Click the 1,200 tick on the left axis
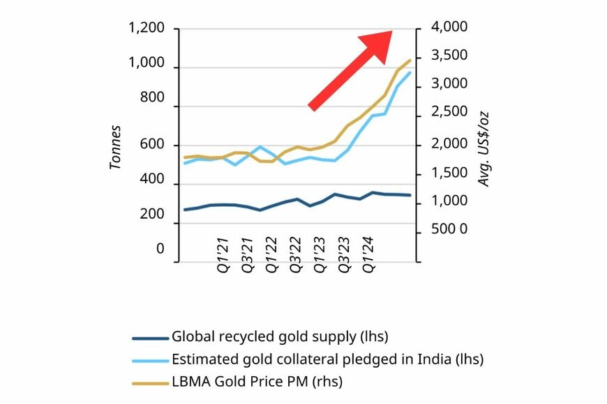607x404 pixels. [146, 29]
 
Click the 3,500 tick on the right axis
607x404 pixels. [444, 56]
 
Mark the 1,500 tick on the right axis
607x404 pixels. [444, 173]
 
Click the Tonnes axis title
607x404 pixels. [116, 147]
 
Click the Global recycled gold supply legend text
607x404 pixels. [279, 337]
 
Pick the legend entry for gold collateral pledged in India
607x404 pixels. [327, 359]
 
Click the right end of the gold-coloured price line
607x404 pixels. [410, 60]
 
